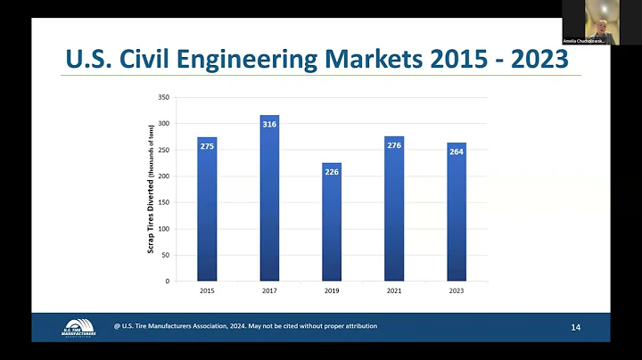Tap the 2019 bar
pos(332,227)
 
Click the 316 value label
pos(269,125)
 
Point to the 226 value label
pos(332,172)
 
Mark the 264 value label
pos(457,151)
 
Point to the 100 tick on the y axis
pos(165,229)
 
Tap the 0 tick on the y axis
pos(169,282)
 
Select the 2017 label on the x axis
pos(269,290)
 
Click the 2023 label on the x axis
pos(457,290)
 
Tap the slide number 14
pos(575,329)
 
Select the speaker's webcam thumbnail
pos(590,22)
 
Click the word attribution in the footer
pos(355,326)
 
